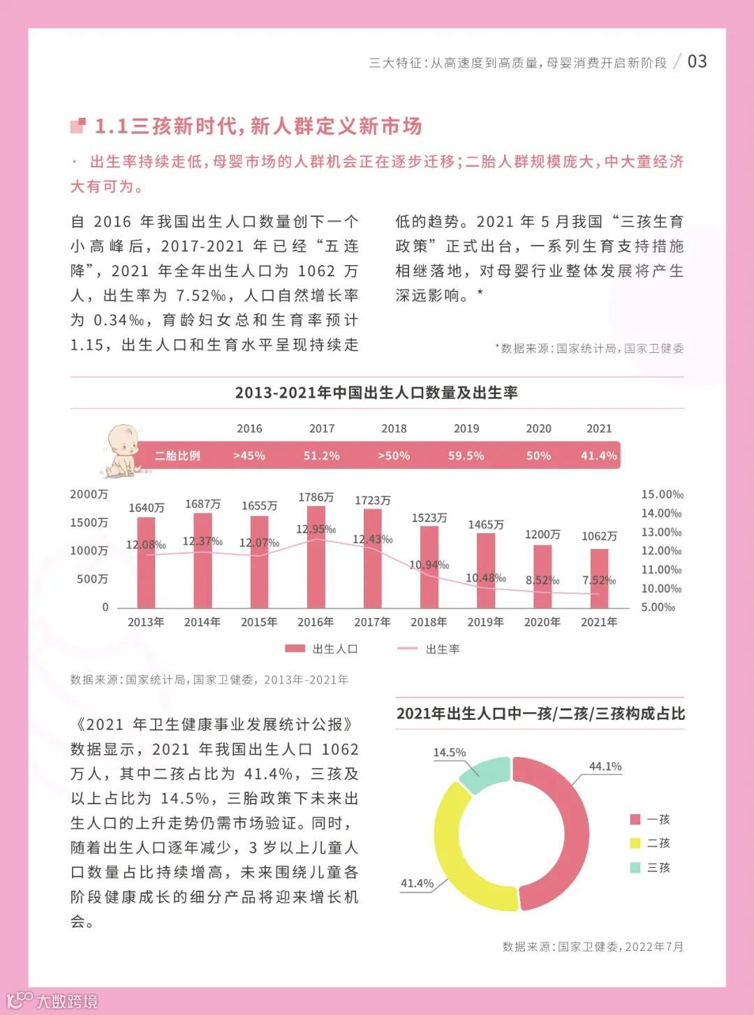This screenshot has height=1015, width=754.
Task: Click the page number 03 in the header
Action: click(x=697, y=61)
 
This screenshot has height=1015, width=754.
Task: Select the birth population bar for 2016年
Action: click(x=316, y=558)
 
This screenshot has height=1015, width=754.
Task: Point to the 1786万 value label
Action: click(x=316, y=497)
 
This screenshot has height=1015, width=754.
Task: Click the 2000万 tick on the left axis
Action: click(x=89, y=495)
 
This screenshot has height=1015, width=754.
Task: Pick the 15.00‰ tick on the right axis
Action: click(x=662, y=495)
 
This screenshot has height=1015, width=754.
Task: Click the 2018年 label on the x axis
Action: click(x=429, y=622)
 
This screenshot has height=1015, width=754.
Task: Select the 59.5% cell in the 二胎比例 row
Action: click(x=466, y=456)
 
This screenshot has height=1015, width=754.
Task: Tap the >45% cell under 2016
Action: click(x=249, y=456)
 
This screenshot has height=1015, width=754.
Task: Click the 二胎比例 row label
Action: click(x=177, y=456)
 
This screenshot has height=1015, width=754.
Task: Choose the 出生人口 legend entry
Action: click(x=322, y=649)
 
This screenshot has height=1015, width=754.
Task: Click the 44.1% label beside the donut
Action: click(x=605, y=766)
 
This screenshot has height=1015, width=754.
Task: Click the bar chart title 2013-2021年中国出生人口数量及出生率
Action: click(x=376, y=393)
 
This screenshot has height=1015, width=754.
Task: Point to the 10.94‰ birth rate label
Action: click(x=429, y=564)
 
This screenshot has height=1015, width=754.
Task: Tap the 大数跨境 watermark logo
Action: click(x=52, y=1000)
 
